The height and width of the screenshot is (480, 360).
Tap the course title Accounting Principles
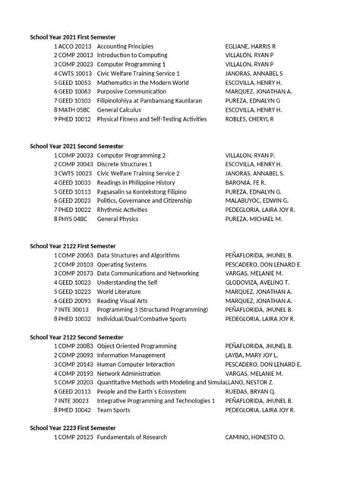[125, 46]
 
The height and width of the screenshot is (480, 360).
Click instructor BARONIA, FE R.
[245, 182]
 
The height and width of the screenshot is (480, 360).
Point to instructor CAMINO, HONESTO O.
[254, 438]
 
